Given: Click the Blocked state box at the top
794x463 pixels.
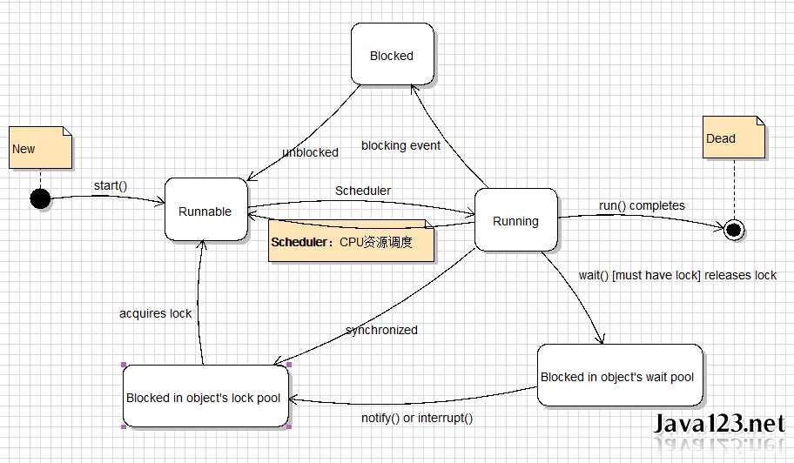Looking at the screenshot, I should pyautogui.click(x=392, y=56).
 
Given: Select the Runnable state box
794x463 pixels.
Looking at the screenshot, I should pyautogui.click(x=205, y=211).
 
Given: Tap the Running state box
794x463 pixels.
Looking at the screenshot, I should pyautogui.click(x=515, y=221).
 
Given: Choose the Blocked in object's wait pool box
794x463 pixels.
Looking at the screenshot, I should pyautogui.click(x=619, y=377).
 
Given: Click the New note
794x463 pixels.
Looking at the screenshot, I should pyautogui.click(x=40, y=149).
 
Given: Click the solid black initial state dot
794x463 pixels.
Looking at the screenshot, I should pyautogui.click(x=40, y=199).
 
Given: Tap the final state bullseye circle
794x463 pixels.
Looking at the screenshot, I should pyautogui.click(x=733, y=230).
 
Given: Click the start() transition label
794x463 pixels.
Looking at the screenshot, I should pyautogui.click(x=111, y=185).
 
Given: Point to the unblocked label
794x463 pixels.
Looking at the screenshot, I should pyautogui.click(x=310, y=152).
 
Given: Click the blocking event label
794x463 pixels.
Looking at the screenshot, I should pyautogui.click(x=400, y=145).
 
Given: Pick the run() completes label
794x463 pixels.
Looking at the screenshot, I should pyautogui.click(x=642, y=205).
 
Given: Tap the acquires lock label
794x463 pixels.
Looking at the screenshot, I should pyautogui.click(x=155, y=313).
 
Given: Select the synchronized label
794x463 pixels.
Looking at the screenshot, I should pyautogui.click(x=381, y=330).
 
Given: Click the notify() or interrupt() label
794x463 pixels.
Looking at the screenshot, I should pyautogui.click(x=417, y=418).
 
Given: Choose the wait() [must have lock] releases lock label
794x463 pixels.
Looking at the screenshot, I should pyautogui.click(x=677, y=275).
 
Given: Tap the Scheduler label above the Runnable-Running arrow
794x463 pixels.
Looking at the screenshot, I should pyautogui.click(x=362, y=191).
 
